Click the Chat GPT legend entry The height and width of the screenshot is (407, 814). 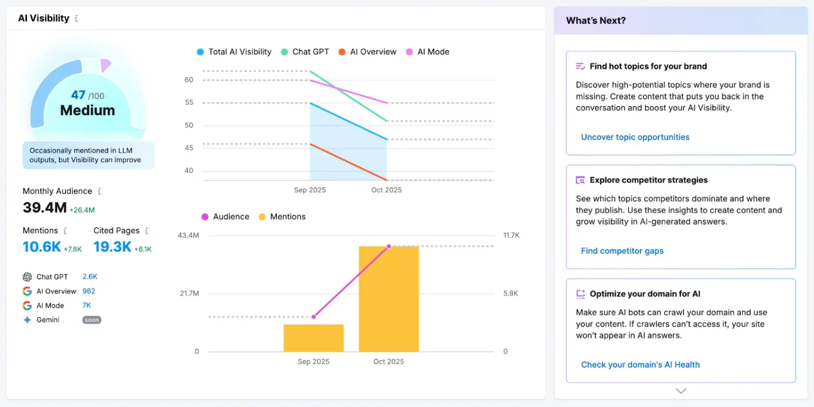pyautogui.click(x=305, y=52)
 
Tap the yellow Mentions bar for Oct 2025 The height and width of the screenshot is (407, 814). pyautogui.click(x=389, y=298)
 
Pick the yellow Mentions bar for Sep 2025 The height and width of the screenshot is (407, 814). pyautogui.click(x=313, y=338)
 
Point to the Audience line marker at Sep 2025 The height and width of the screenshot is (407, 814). pyautogui.click(x=314, y=316)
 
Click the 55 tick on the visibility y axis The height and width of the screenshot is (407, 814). pyautogui.click(x=189, y=103)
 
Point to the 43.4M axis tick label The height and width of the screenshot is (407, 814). pyautogui.click(x=188, y=236)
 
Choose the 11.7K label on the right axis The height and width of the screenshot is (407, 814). pyautogui.click(x=511, y=236)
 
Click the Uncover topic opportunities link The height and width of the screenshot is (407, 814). pyautogui.click(x=635, y=137)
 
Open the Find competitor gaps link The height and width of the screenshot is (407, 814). pyautogui.click(x=622, y=251)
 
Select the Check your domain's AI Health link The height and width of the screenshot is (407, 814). pyautogui.click(x=640, y=365)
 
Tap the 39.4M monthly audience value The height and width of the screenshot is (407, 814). pyautogui.click(x=44, y=207)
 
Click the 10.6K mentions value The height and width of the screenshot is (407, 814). pyautogui.click(x=42, y=247)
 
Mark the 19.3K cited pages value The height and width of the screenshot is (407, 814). pyautogui.click(x=112, y=247)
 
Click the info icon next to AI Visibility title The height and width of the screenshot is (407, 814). pyautogui.click(x=77, y=18)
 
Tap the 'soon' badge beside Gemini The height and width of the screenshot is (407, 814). pyautogui.click(x=92, y=320)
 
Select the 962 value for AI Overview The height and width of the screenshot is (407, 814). pyautogui.click(x=89, y=291)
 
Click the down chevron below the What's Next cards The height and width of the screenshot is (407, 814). pyautogui.click(x=681, y=391)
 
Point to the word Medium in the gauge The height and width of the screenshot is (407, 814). pyautogui.click(x=87, y=111)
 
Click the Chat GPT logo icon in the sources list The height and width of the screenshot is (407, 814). pyautogui.click(x=27, y=277)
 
